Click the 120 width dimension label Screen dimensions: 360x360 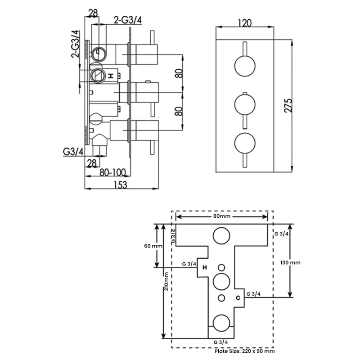pos(245,23)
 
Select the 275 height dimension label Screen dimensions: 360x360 pos(288,106)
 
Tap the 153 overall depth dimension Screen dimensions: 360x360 pos(121,185)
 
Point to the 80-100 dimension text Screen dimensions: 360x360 pos(112,172)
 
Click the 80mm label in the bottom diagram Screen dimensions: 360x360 pos(221,216)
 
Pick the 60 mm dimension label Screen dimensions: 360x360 pos(153,246)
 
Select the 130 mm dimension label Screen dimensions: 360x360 pos(290,262)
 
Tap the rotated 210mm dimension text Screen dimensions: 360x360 pos(166,281)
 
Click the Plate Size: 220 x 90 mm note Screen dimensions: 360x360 pos(245,351)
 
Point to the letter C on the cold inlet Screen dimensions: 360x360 pos(238,298)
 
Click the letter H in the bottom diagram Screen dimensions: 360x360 pos(205,267)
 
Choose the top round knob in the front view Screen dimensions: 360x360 pos(245,66)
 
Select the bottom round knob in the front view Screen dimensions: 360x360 pos(245,143)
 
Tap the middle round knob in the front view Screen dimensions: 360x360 pos(245,104)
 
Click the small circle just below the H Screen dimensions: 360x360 pos(221,267)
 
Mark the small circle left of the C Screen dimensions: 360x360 pos(221,298)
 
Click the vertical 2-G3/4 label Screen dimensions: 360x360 pos(75,44)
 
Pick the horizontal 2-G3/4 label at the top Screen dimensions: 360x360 pos(128,20)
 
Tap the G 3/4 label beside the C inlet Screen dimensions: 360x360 pos(253,294)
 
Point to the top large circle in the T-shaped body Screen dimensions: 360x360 pos(221,236)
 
